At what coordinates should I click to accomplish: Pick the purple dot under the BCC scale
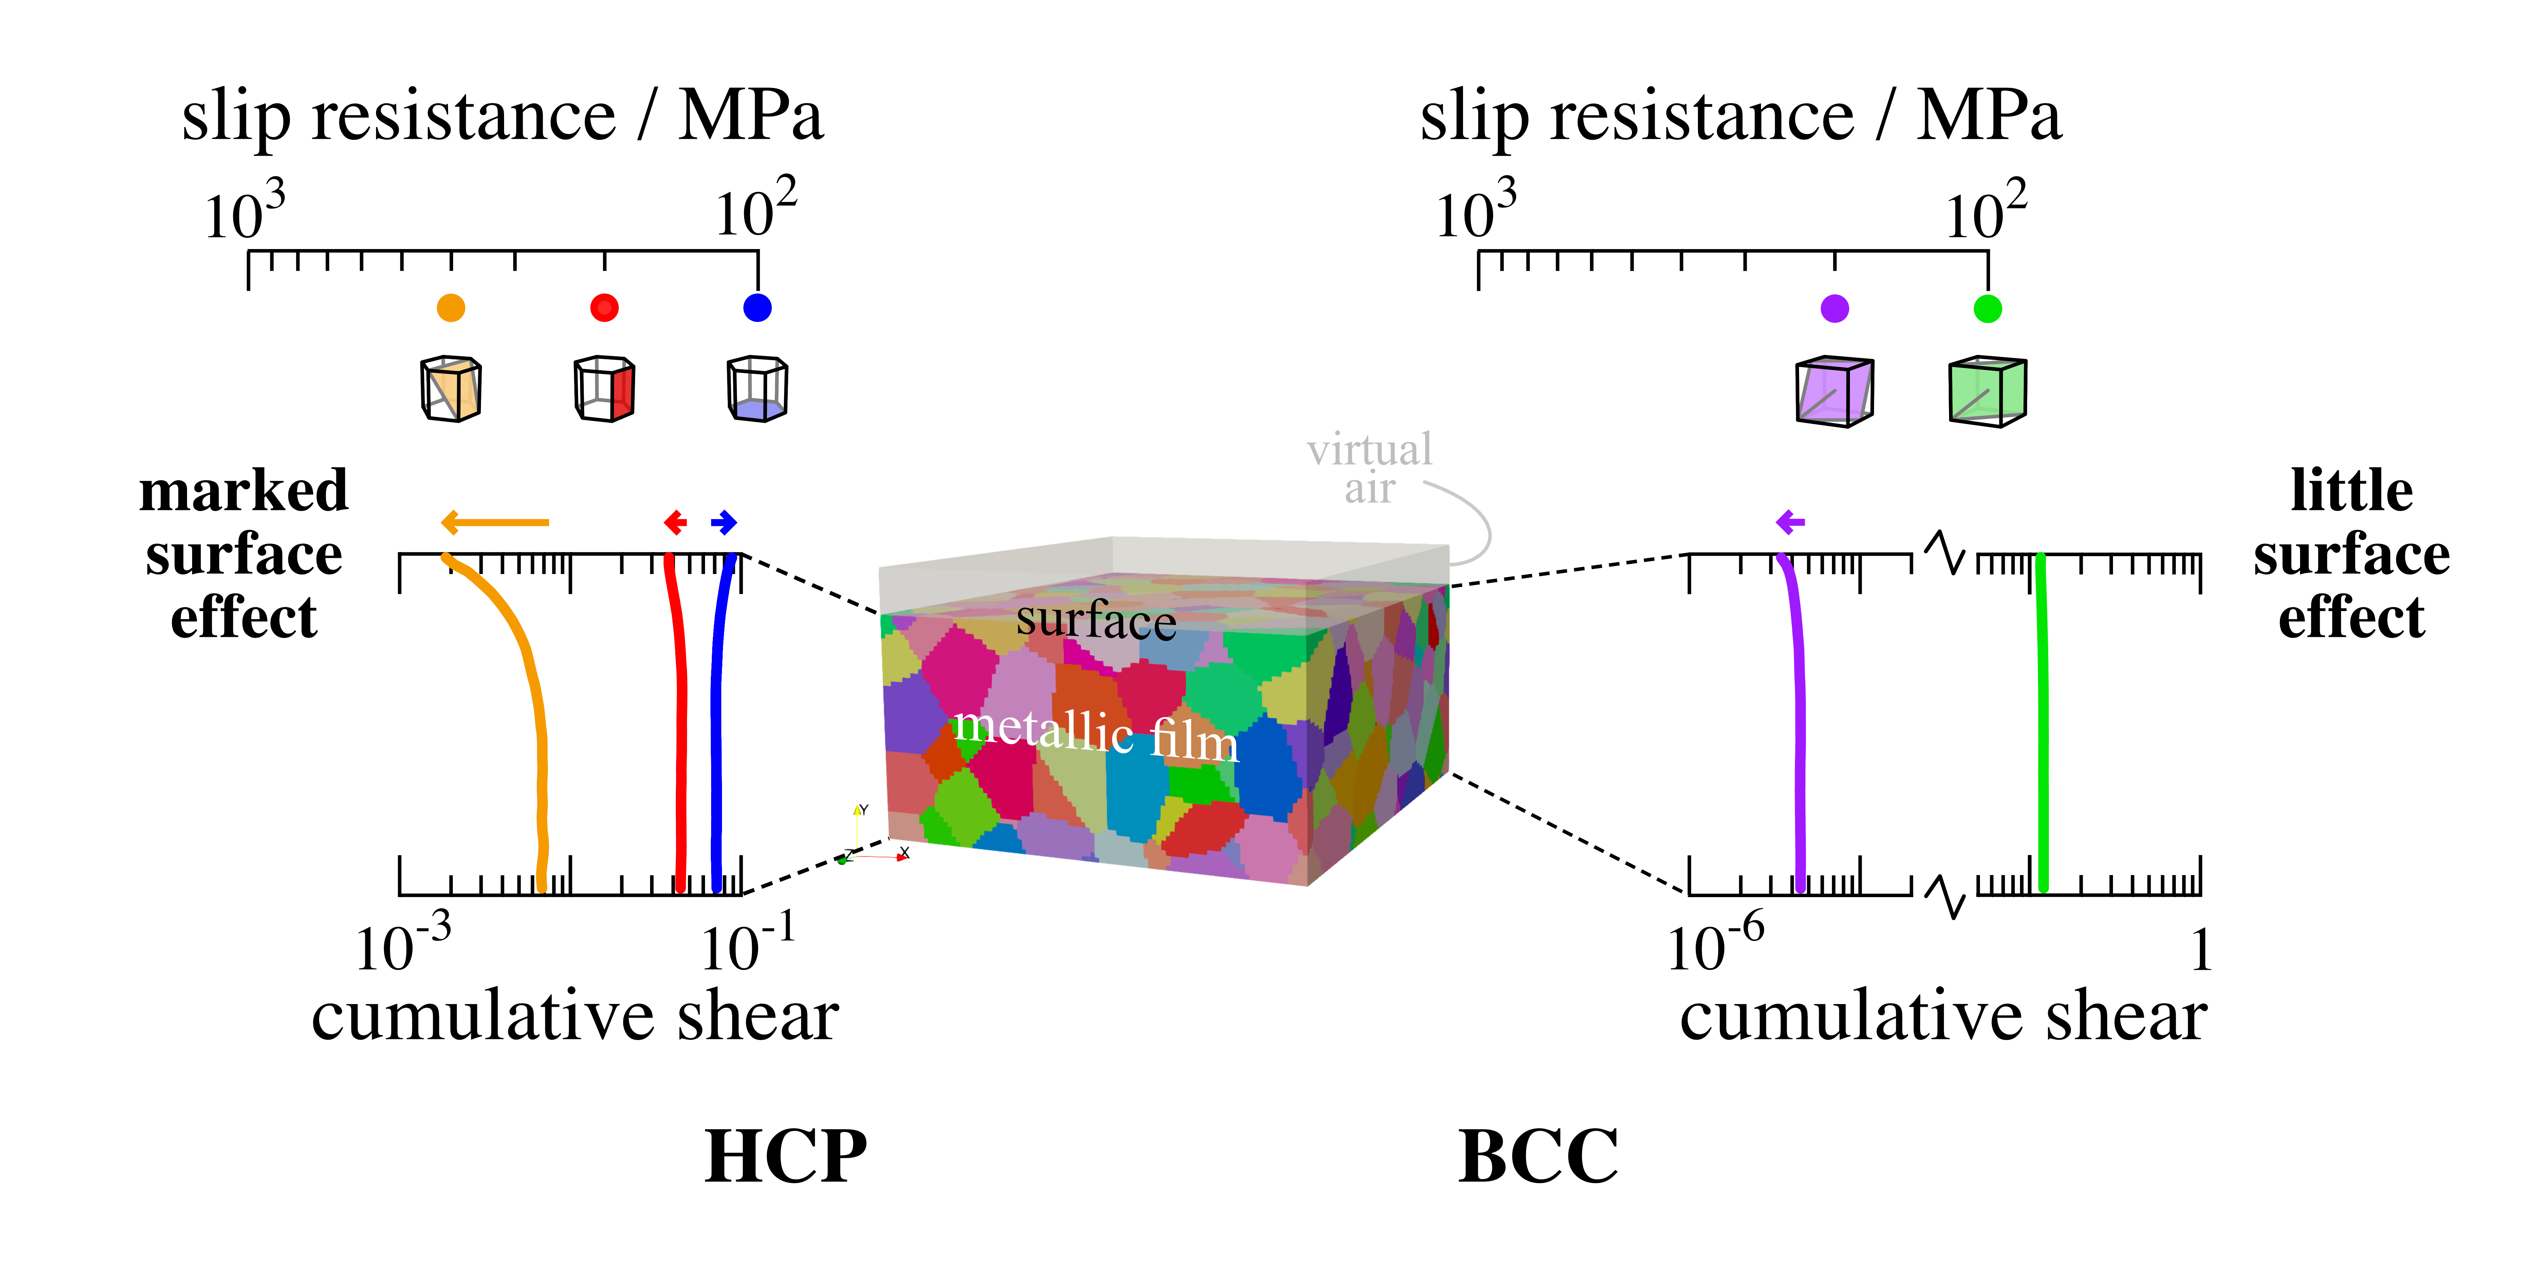(1834, 308)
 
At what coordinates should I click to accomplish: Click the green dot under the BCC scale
(1988, 308)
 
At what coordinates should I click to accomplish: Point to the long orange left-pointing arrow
(495, 522)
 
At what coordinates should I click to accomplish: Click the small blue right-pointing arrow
(724, 522)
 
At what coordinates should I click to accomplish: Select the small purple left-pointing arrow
(1790, 522)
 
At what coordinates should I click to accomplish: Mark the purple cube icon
(1834, 391)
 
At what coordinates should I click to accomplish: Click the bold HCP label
(785, 1156)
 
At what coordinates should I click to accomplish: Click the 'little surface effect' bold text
(2352, 554)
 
